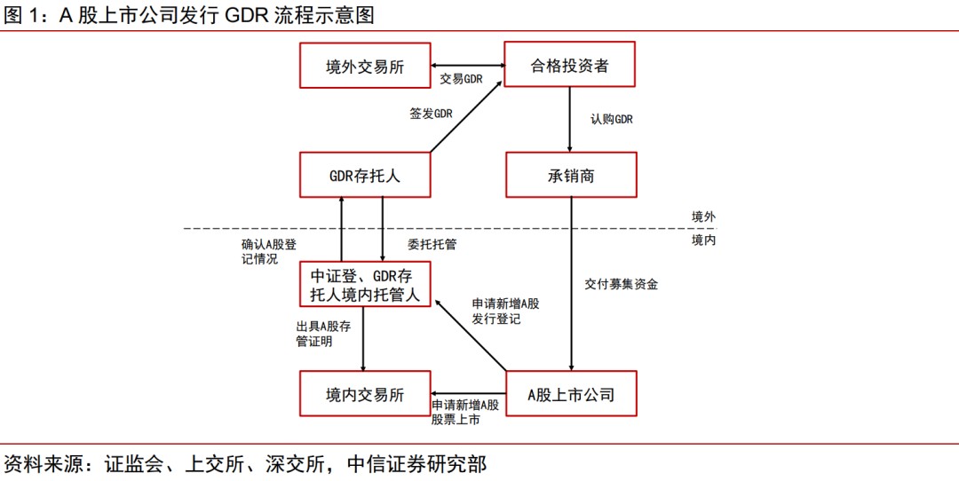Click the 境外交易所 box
pos(365,66)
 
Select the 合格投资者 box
pos(570,66)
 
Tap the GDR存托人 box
pos(365,175)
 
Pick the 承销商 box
pos(571,175)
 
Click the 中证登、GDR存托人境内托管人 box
pos(365,284)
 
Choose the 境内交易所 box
pos(365,394)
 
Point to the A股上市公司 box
pos(571,394)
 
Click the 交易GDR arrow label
pos(461,79)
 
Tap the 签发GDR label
pos(431,114)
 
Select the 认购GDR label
pos(612,119)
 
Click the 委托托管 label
pos(432,243)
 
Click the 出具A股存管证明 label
pos(323,334)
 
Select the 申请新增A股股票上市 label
pos(465,412)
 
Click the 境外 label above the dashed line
pos(703,217)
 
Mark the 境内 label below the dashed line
pos(703,240)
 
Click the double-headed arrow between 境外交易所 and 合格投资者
pos(467,66)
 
